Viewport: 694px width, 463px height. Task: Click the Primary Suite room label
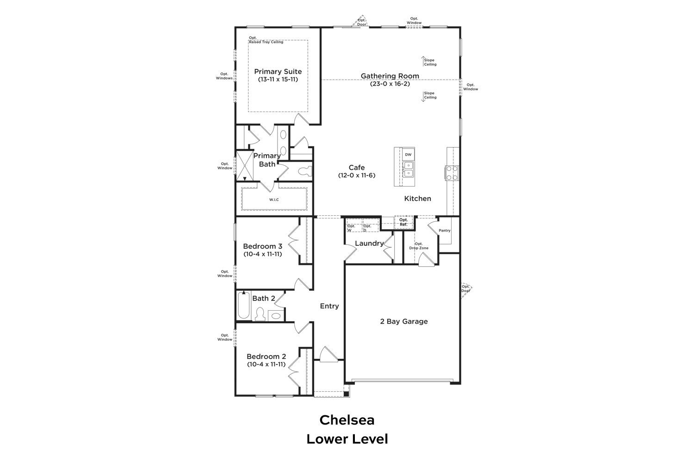point(278,72)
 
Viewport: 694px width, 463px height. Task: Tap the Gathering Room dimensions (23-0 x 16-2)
point(390,84)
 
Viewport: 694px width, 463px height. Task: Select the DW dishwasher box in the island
point(408,155)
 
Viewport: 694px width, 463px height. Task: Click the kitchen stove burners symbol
point(452,173)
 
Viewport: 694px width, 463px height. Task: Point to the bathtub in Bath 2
point(243,305)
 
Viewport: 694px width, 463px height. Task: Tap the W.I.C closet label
point(274,200)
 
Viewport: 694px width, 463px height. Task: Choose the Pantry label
point(444,231)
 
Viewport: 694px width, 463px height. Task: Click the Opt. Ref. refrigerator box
point(403,222)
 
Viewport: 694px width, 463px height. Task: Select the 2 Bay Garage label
point(404,321)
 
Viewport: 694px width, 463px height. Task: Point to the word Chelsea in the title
point(347,420)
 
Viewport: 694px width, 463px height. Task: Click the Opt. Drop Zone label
point(419,246)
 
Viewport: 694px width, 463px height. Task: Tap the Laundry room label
point(369,244)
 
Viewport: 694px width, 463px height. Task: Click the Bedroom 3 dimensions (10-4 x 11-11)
point(263,254)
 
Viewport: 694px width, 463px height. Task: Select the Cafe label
point(357,168)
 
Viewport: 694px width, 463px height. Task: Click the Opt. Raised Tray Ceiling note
point(266,40)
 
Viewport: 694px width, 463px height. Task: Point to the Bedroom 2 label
point(266,357)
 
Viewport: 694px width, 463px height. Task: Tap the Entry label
point(329,306)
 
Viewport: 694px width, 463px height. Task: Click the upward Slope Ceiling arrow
point(423,61)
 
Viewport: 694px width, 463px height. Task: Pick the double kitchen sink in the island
point(408,169)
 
